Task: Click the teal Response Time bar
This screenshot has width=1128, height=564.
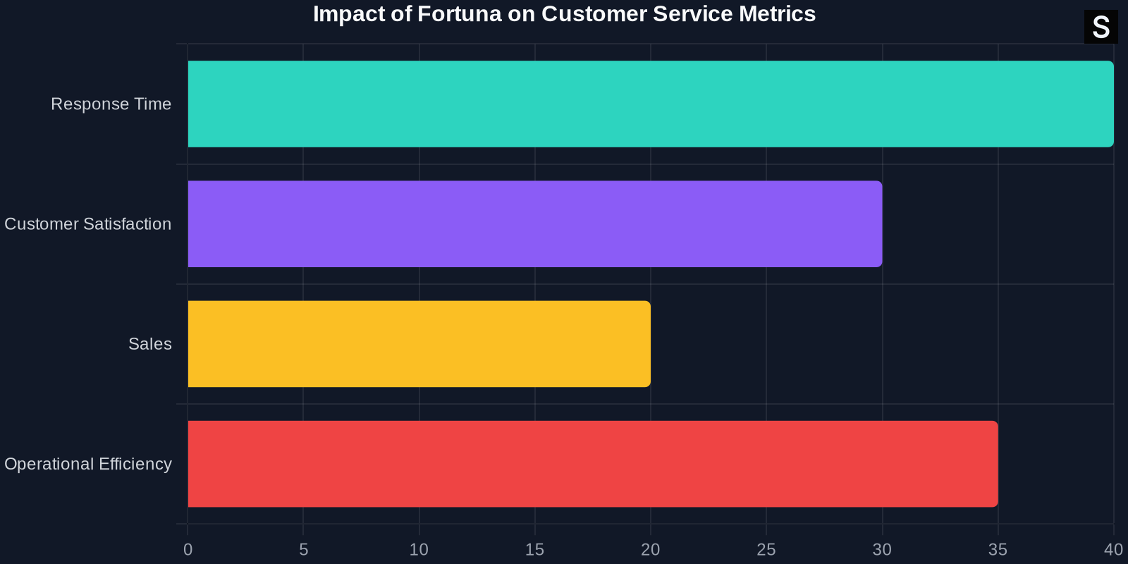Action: click(x=650, y=104)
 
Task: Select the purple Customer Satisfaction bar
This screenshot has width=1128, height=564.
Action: click(x=534, y=224)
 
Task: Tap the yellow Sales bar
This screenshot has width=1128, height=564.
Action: click(x=419, y=344)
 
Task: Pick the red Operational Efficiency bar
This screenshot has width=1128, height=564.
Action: click(x=592, y=464)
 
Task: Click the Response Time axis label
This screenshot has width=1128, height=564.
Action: click(x=111, y=104)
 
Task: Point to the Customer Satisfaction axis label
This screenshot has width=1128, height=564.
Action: click(x=88, y=224)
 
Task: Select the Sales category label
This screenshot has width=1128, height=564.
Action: click(x=150, y=344)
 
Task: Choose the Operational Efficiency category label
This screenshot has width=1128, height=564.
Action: click(x=88, y=464)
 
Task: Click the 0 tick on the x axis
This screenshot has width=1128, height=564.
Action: click(x=188, y=550)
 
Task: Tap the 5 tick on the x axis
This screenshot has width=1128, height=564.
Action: click(x=304, y=550)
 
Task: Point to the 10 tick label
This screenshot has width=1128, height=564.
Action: click(x=419, y=550)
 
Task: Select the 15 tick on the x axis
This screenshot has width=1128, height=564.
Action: click(x=534, y=550)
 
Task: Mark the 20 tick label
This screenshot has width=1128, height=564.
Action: click(x=650, y=550)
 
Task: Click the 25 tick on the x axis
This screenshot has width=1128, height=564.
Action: click(x=766, y=550)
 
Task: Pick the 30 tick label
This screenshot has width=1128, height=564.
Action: click(x=882, y=550)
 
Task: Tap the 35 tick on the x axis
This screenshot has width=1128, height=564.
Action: click(x=998, y=550)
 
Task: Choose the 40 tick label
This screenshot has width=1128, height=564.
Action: click(x=1113, y=550)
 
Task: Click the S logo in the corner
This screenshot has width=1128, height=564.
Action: click(x=1101, y=27)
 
